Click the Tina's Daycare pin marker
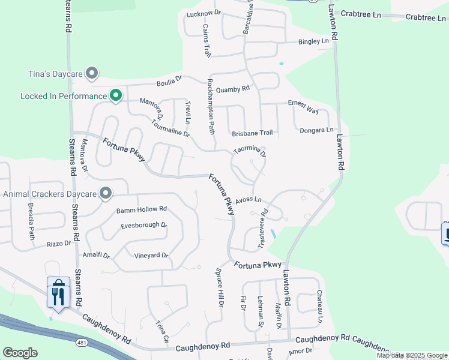(92, 74)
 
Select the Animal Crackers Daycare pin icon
(106, 193)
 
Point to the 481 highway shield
(80, 342)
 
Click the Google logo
(20, 353)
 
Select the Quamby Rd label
(232, 89)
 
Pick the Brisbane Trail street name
(252, 133)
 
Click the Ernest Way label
(303, 106)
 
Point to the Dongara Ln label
(317, 130)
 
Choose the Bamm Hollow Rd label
(141, 209)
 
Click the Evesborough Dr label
(143, 225)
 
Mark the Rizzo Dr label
(59, 244)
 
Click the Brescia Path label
(31, 220)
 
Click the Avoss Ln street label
(249, 200)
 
